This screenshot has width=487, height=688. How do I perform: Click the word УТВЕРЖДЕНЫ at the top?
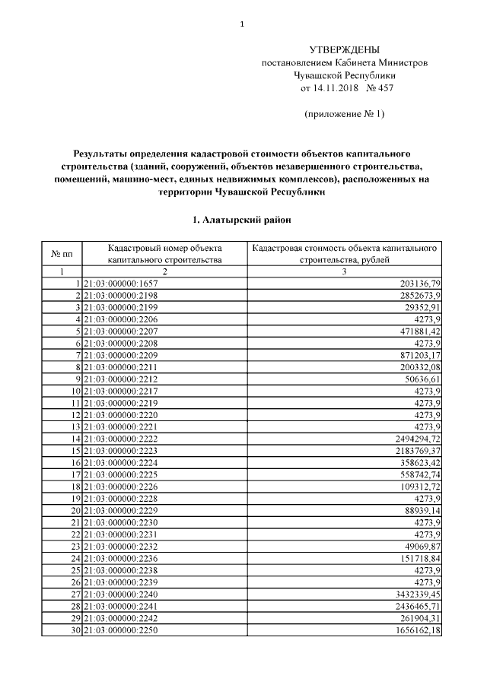click(344, 49)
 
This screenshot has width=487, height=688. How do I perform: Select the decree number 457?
click(384, 88)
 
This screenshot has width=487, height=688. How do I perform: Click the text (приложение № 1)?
click(344, 114)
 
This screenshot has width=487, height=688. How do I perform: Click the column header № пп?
click(62, 253)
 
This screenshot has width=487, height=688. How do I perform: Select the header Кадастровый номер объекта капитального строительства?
click(164, 253)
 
